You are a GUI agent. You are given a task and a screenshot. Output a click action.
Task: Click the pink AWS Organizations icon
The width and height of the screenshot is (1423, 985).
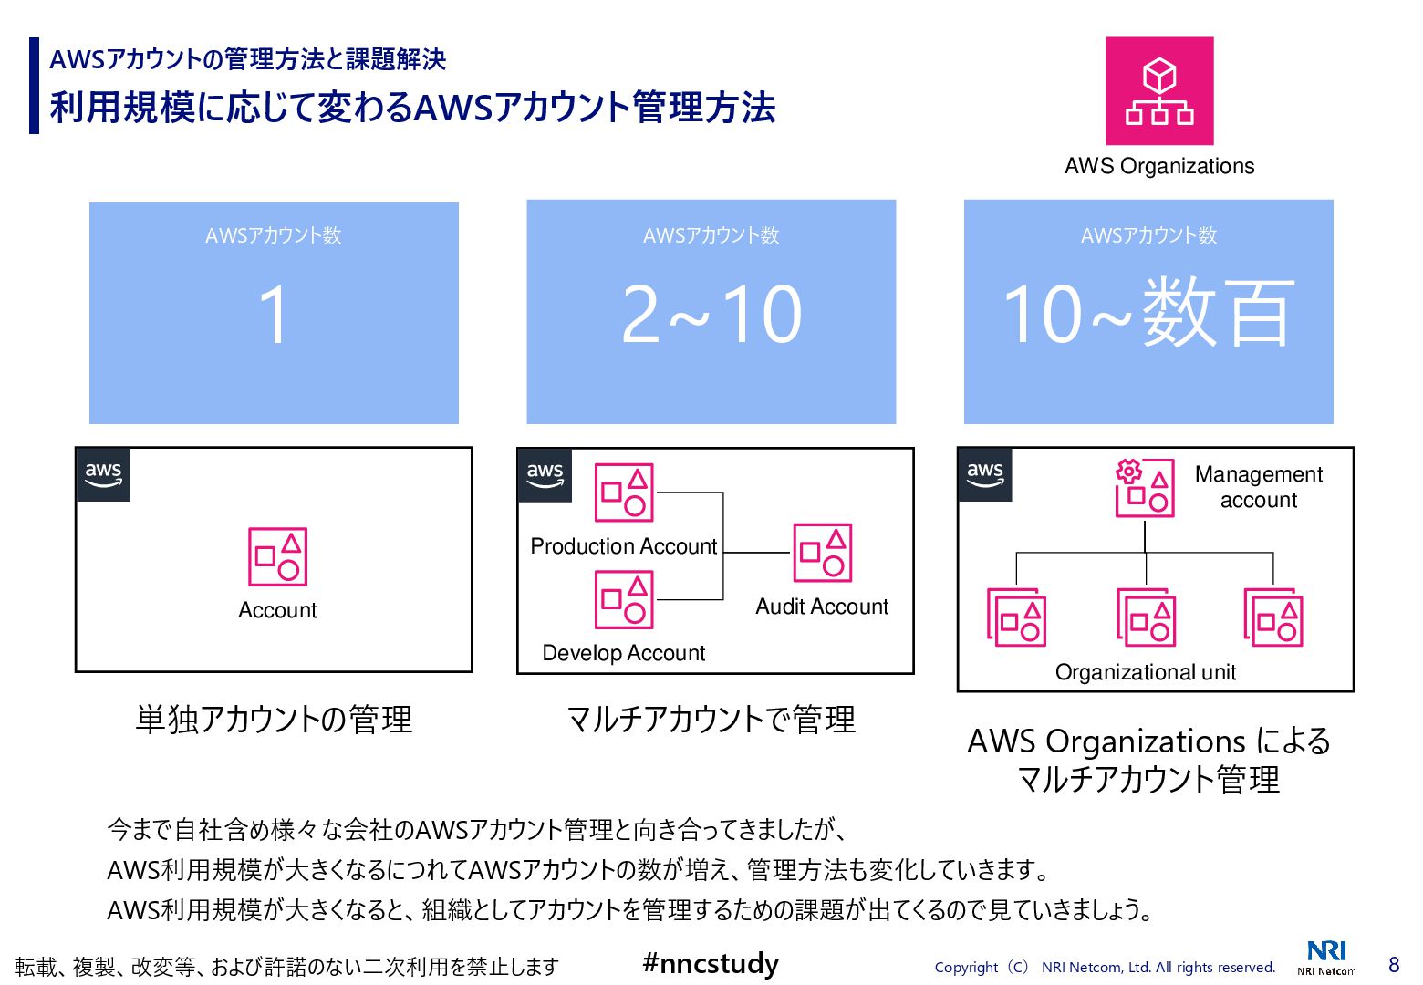click(x=1159, y=91)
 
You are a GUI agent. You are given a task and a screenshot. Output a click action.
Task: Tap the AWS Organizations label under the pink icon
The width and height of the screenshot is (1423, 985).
click(x=1159, y=166)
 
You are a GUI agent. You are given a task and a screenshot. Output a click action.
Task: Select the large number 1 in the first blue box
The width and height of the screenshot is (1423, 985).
click(x=274, y=314)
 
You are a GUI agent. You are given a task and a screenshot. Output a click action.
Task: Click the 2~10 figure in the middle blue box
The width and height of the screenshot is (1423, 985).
click(x=711, y=314)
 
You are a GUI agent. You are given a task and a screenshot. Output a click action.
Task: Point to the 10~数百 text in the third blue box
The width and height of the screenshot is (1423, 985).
click(x=1149, y=314)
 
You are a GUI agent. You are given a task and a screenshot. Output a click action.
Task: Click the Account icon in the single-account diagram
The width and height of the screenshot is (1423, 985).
click(x=277, y=556)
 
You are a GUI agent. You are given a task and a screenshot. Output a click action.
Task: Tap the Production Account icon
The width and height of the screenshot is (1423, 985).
click(x=624, y=493)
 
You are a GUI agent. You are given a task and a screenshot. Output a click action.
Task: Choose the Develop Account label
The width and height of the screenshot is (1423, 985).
click(x=623, y=653)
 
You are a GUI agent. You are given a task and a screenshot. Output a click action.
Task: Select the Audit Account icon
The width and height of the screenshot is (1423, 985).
click(x=822, y=553)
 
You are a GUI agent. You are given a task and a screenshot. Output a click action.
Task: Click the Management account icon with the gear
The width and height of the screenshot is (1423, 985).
click(x=1144, y=488)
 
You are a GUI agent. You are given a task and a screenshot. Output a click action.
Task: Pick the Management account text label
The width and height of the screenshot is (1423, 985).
click(x=1259, y=487)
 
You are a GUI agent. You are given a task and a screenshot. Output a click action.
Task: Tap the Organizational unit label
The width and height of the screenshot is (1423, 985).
click(x=1145, y=672)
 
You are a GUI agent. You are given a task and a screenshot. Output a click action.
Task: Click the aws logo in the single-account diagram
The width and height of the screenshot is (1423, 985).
click(x=103, y=474)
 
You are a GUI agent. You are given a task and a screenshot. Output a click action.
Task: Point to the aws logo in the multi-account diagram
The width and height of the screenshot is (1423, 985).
click(x=545, y=474)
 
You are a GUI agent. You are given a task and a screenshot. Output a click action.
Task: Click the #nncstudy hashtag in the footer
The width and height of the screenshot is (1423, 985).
click(x=711, y=963)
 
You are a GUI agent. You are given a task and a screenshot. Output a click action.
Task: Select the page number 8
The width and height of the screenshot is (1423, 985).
click(x=1393, y=965)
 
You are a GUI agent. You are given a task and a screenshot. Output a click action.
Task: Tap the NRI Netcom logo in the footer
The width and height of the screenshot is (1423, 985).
click(x=1326, y=958)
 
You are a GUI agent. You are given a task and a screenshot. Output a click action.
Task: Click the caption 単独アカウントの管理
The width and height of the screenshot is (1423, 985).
click(x=274, y=720)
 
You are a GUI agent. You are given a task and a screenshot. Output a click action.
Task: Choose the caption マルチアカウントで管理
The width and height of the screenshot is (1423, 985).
click(x=711, y=720)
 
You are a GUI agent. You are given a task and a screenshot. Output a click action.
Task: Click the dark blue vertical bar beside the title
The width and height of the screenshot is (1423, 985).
click(x=35, y=86)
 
